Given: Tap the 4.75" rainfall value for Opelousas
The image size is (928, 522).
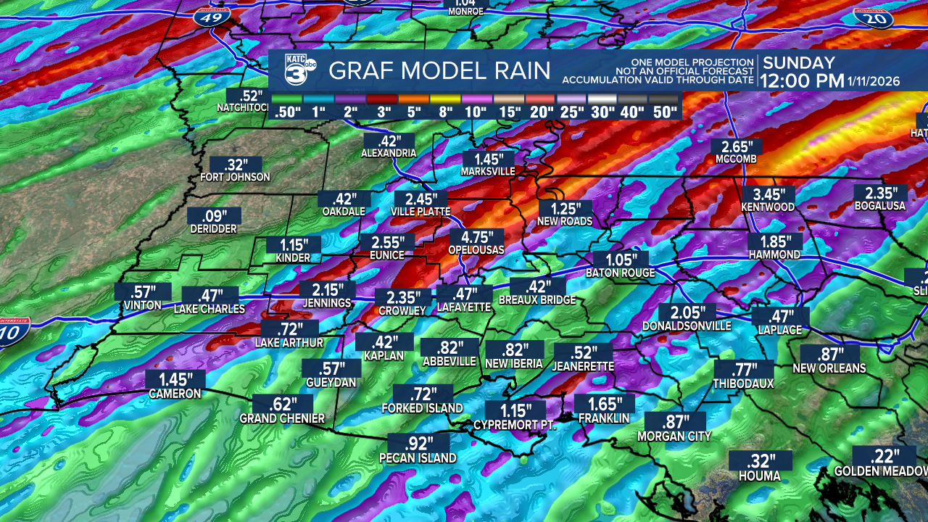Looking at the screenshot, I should [x=476, y=237].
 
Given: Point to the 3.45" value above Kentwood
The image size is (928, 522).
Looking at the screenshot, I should [x=768, y=194].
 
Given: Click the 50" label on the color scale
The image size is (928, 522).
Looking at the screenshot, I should [x=663, y=112].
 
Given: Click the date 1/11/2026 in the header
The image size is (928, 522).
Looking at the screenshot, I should [x=874, y=81].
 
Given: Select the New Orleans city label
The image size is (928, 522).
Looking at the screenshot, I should [x=829, y=368].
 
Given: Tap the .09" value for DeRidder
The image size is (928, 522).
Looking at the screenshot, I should [x=212, y=215].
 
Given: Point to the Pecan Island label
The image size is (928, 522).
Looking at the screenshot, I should [x=418, y=457].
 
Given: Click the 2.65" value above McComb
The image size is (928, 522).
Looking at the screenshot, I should [x=737, y=146].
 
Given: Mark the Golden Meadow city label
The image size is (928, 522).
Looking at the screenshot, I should [x=880, y=471].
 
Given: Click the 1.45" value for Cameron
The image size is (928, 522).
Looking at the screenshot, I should [x=175, y=379].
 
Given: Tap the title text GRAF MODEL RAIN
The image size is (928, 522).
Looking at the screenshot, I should [x=439, y=71].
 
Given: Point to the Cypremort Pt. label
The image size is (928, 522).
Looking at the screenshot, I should [x=514, y=425].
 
